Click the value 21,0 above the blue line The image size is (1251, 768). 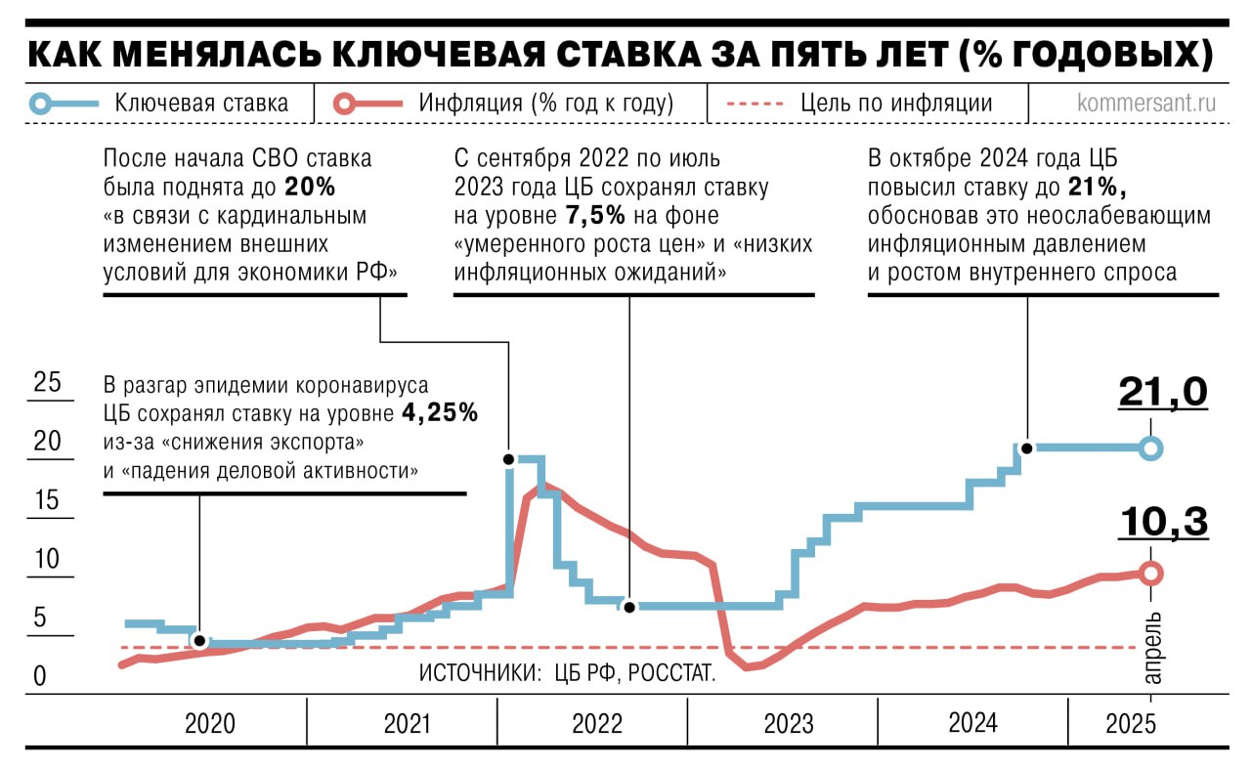point(1162,393)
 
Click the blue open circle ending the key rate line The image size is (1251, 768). point(1151,448)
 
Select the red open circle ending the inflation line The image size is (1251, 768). point(1151,574)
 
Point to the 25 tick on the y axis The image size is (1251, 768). point(47,383)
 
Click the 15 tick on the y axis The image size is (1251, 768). point(47,501)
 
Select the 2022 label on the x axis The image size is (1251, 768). point(597,724)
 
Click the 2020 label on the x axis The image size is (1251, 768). point(210,724)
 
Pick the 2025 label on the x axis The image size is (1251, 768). point(1131,724)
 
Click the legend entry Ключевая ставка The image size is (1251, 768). point(201,104)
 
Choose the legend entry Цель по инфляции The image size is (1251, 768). point(895,104)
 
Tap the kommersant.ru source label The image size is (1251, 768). point(1145,104)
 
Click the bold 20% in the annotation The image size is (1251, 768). point(305,186)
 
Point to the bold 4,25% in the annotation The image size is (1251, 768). point(440,412)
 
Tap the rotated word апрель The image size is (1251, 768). point(1152,648)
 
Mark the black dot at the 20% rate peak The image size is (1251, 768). point(508,459)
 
